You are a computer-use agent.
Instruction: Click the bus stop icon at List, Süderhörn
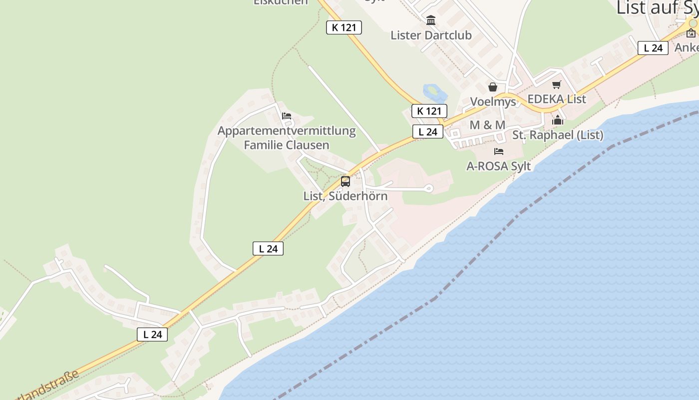[x=345, y=181]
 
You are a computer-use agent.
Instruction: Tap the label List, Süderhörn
[x=345, y=195]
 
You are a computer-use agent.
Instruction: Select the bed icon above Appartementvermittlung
[x=287, y=116]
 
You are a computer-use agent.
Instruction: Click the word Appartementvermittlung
[x=287, y=131]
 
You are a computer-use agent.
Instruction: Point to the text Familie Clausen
[x=287, y=145]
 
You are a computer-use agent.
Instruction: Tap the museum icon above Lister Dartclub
[x=431, y=20]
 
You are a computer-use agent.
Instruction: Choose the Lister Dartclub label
[x=431, y=35]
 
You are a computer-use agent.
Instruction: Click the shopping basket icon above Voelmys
[x=493, y=87]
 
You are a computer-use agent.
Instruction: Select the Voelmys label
[x=493, y=101]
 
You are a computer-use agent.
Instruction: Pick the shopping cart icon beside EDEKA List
[x=556, y=85]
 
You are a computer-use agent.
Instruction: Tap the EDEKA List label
[x=556, y=99]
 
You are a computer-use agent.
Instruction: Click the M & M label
[x=487, y=125]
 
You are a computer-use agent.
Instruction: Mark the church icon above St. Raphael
[x=558, y=120]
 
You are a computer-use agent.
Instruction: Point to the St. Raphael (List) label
[x=558, y=135]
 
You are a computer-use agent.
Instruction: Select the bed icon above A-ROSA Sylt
[x=498, y=151]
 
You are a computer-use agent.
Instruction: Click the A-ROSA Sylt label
[x=498, y=166]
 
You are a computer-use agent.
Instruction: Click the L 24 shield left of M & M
[x=428, y=132]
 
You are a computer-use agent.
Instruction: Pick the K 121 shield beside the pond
[x=429, y=111]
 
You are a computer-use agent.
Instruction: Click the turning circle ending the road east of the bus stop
[x=428, y=188]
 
